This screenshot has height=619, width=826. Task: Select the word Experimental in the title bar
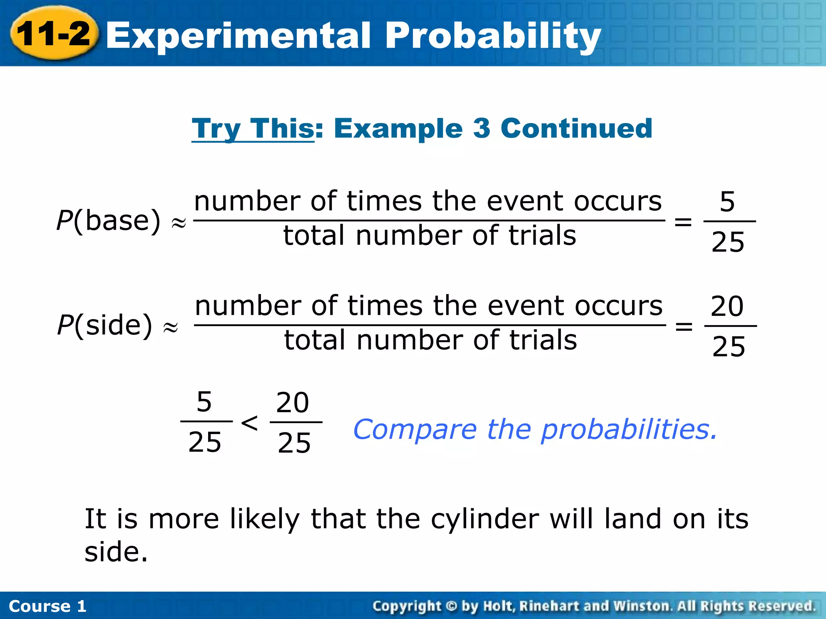(238, 35)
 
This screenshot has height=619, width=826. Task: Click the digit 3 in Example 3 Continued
(481, 129)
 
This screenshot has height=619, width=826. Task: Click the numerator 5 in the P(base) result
(727, 202)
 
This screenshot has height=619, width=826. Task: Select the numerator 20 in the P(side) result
(727, 306)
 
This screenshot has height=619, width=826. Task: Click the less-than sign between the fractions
(249, 423)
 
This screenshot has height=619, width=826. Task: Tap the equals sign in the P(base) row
(683, 221)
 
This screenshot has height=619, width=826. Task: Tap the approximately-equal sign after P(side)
(170, 327)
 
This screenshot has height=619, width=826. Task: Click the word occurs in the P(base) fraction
(617, 201)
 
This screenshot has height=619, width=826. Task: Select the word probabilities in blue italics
(629, 430)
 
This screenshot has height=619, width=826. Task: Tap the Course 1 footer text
(48, 606)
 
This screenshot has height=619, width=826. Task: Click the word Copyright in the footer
(407, 606)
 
